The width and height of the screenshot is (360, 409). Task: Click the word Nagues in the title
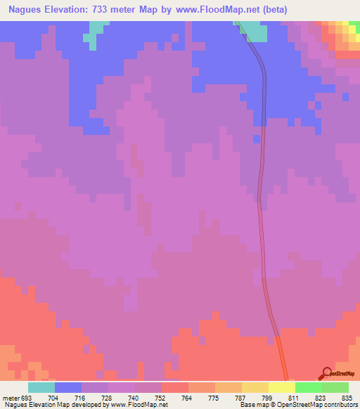point(29,11)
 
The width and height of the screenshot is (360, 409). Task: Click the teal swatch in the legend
point(41,387)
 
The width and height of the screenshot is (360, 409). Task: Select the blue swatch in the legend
point(68,387)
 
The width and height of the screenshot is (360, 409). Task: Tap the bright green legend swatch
point(309,387)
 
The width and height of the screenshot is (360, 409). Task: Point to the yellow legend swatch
point(255,387)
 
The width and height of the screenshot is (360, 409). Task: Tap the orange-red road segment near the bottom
point(281,355)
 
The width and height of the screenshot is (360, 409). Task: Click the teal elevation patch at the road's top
point(254,32)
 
